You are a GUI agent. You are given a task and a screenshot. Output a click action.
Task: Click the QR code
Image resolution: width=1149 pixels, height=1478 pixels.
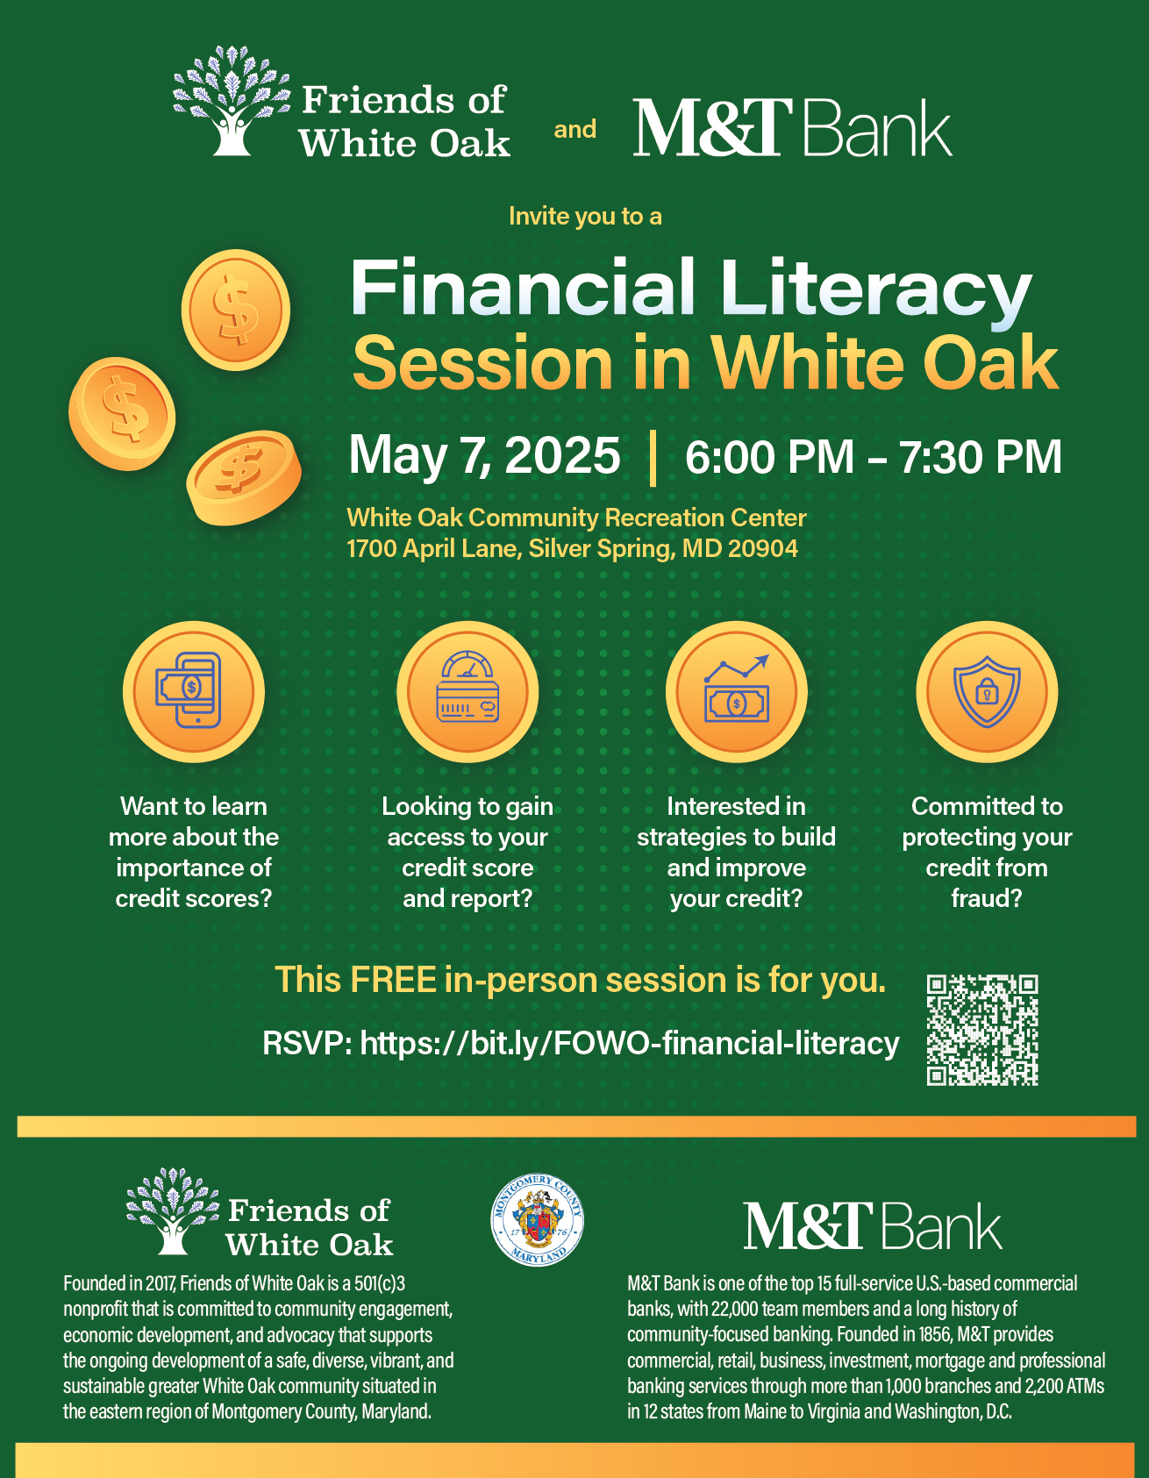tap(982, 1030)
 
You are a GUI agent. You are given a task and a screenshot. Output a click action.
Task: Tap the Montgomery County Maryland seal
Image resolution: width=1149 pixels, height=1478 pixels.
tap(538, 1220)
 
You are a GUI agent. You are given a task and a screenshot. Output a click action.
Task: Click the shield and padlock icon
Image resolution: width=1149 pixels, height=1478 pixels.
tap(987, 692)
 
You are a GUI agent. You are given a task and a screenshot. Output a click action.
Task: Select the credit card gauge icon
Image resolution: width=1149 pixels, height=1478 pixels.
tap(467, 692)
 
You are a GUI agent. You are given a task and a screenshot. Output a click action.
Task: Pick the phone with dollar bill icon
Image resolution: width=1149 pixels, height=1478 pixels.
tap(193, 692)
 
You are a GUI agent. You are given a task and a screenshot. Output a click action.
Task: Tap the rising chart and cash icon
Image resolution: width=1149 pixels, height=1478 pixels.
tap(736, 692)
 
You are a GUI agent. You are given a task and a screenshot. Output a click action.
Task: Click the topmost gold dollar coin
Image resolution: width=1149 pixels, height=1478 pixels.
tap(235, 310)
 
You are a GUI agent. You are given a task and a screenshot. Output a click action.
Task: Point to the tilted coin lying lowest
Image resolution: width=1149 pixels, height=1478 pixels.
tap(243, 477)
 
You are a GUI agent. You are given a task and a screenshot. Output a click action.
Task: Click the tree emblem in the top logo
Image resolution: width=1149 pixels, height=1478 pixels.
tap(232, 101)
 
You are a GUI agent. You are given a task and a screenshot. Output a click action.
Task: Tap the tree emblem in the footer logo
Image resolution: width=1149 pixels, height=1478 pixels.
tap(173, 1210)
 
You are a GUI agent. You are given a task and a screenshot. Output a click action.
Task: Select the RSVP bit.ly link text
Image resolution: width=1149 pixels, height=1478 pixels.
tap(581, 1044)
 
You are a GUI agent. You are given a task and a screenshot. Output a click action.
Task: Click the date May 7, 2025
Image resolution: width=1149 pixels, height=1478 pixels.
tap(484, 456)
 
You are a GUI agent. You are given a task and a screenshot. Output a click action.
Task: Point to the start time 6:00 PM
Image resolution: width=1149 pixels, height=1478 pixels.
tap(769, 457)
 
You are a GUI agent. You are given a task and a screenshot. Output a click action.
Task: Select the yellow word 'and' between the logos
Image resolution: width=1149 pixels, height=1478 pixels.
tap(575, 130)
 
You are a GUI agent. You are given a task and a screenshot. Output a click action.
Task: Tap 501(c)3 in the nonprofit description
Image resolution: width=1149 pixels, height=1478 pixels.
tap(380, 1284)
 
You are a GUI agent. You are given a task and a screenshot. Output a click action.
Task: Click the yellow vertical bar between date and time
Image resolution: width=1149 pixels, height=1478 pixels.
tap(653, 458)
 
